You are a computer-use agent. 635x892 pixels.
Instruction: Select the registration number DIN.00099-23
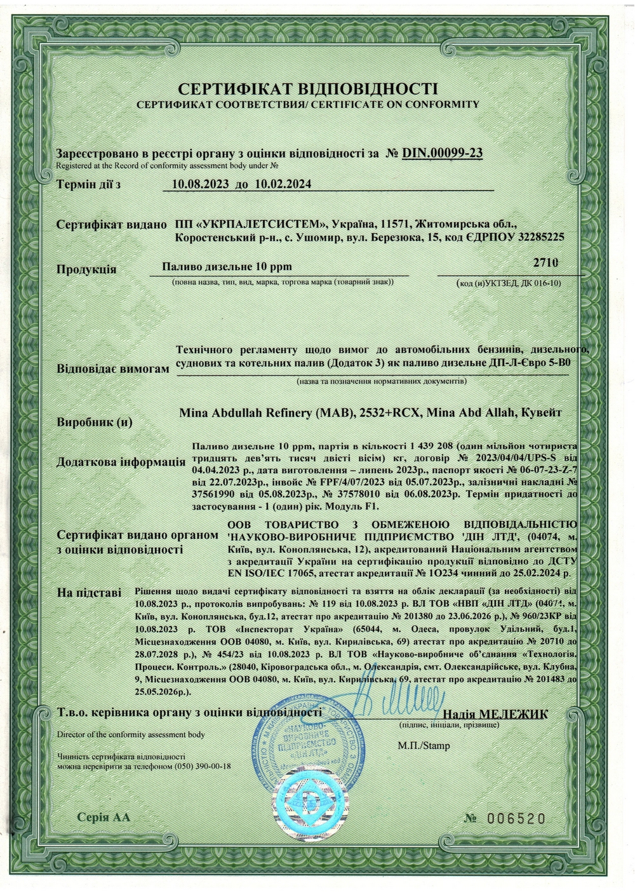[x=443, y=153]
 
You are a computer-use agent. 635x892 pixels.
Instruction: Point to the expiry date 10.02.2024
[x=280, y=185]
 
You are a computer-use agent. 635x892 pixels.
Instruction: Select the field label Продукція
[x=86, y=269]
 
